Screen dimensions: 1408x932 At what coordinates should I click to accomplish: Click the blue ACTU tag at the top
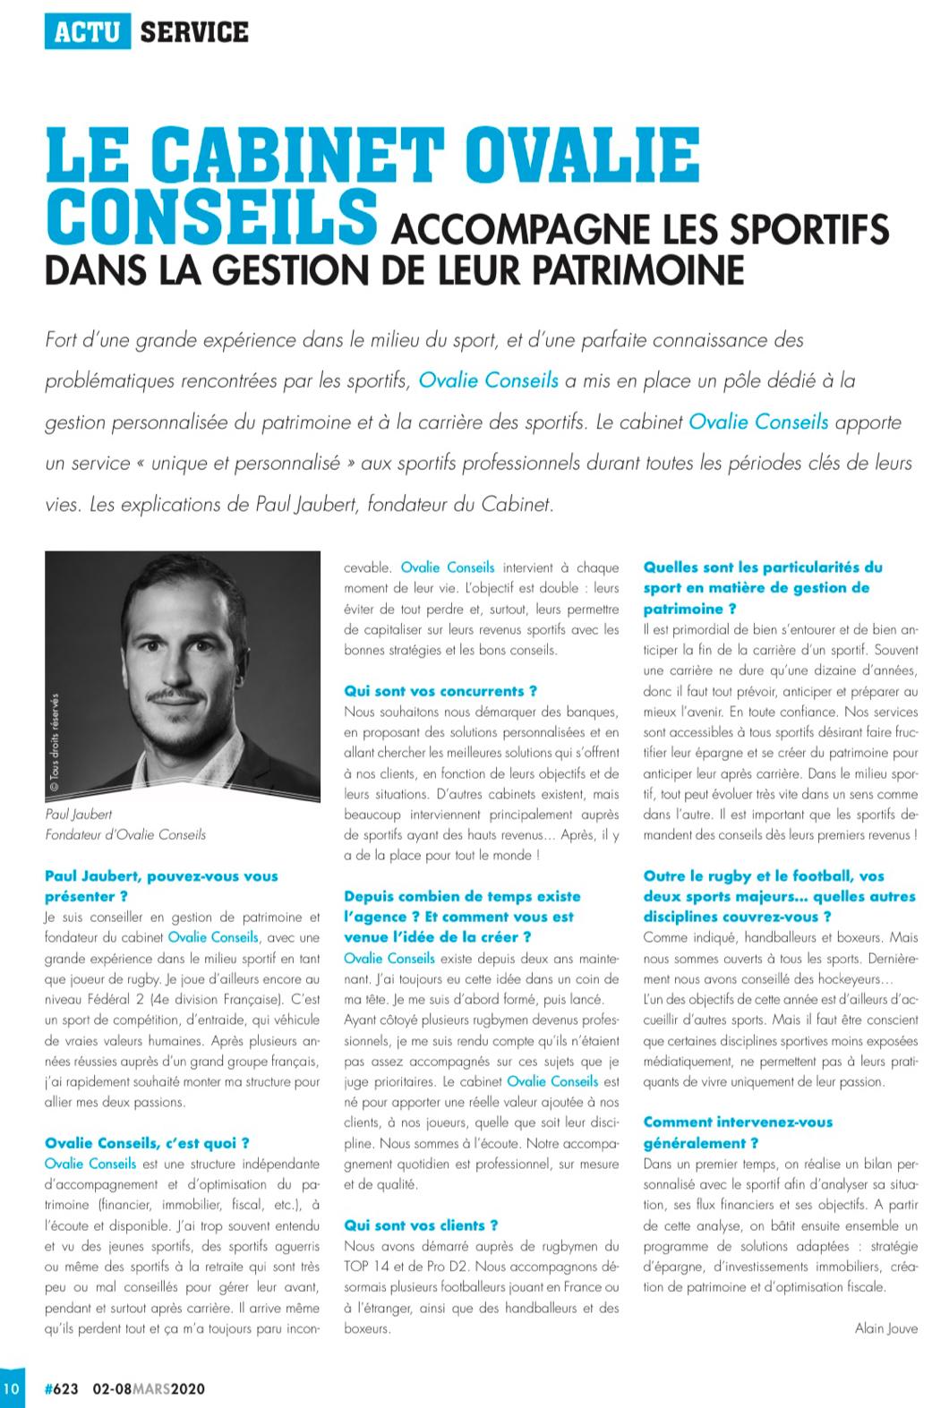click(x=87, y=32)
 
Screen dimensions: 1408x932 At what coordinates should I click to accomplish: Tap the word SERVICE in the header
click(x=194, y=32)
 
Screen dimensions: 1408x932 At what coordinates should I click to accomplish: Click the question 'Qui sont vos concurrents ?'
click(x=440, y=691)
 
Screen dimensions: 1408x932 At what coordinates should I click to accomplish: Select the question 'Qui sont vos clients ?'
click(x=421, y=1225)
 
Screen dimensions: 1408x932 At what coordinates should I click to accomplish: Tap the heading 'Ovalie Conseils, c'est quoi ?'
click(x=147, y=1142)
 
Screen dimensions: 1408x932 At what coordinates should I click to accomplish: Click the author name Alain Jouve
click(x=886, y=1328)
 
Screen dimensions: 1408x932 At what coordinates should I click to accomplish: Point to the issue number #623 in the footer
click(x=62, y=1389)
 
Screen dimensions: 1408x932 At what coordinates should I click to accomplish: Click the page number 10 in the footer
click(x=11, y=1389)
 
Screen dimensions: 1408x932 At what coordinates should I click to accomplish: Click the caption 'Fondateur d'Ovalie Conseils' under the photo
click(x=125, y=834)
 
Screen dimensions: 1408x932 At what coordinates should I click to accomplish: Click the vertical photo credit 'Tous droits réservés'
click(x=54, y=743)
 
